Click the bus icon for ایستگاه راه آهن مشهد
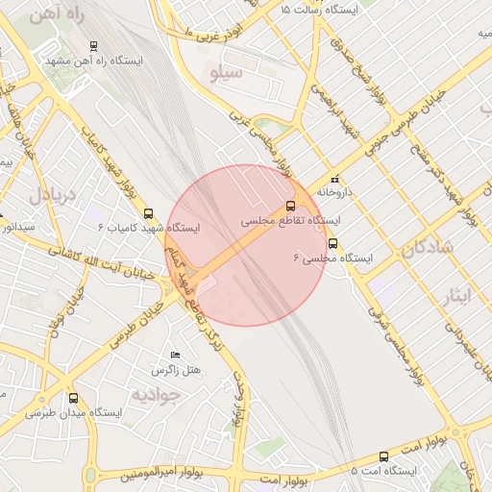(93, 45)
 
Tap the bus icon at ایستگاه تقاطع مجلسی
(290, 206)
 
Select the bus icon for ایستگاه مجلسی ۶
(332, 244)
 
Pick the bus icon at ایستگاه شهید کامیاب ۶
(148, 213)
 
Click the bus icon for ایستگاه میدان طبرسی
(74, 398)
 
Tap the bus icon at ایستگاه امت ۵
(384, 457)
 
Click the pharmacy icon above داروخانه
(334, 179)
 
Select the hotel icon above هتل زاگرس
(174, 356)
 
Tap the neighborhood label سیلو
(227, 72)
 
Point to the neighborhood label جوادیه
(157, 394)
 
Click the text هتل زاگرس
(173, 370)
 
